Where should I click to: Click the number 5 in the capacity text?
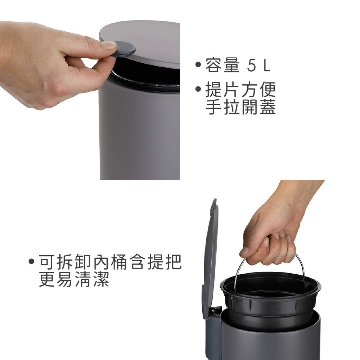(x=251, y=65)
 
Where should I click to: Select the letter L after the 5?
(x=267, y=65)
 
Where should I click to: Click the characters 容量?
(x=222, y=65)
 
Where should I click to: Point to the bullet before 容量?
(x=198, y=64)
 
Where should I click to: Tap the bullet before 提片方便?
(x=198, y=89)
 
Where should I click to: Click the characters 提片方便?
(x=240, y=90)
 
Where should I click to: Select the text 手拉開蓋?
(x=240, y=107)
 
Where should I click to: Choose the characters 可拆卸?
(x=66, y=262)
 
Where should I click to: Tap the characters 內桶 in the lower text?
(x=110, y=262)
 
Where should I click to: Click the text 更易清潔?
(x=74, y=279)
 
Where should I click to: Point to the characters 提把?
(x=165, y=262)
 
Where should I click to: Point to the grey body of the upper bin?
(x=140, y=133)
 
